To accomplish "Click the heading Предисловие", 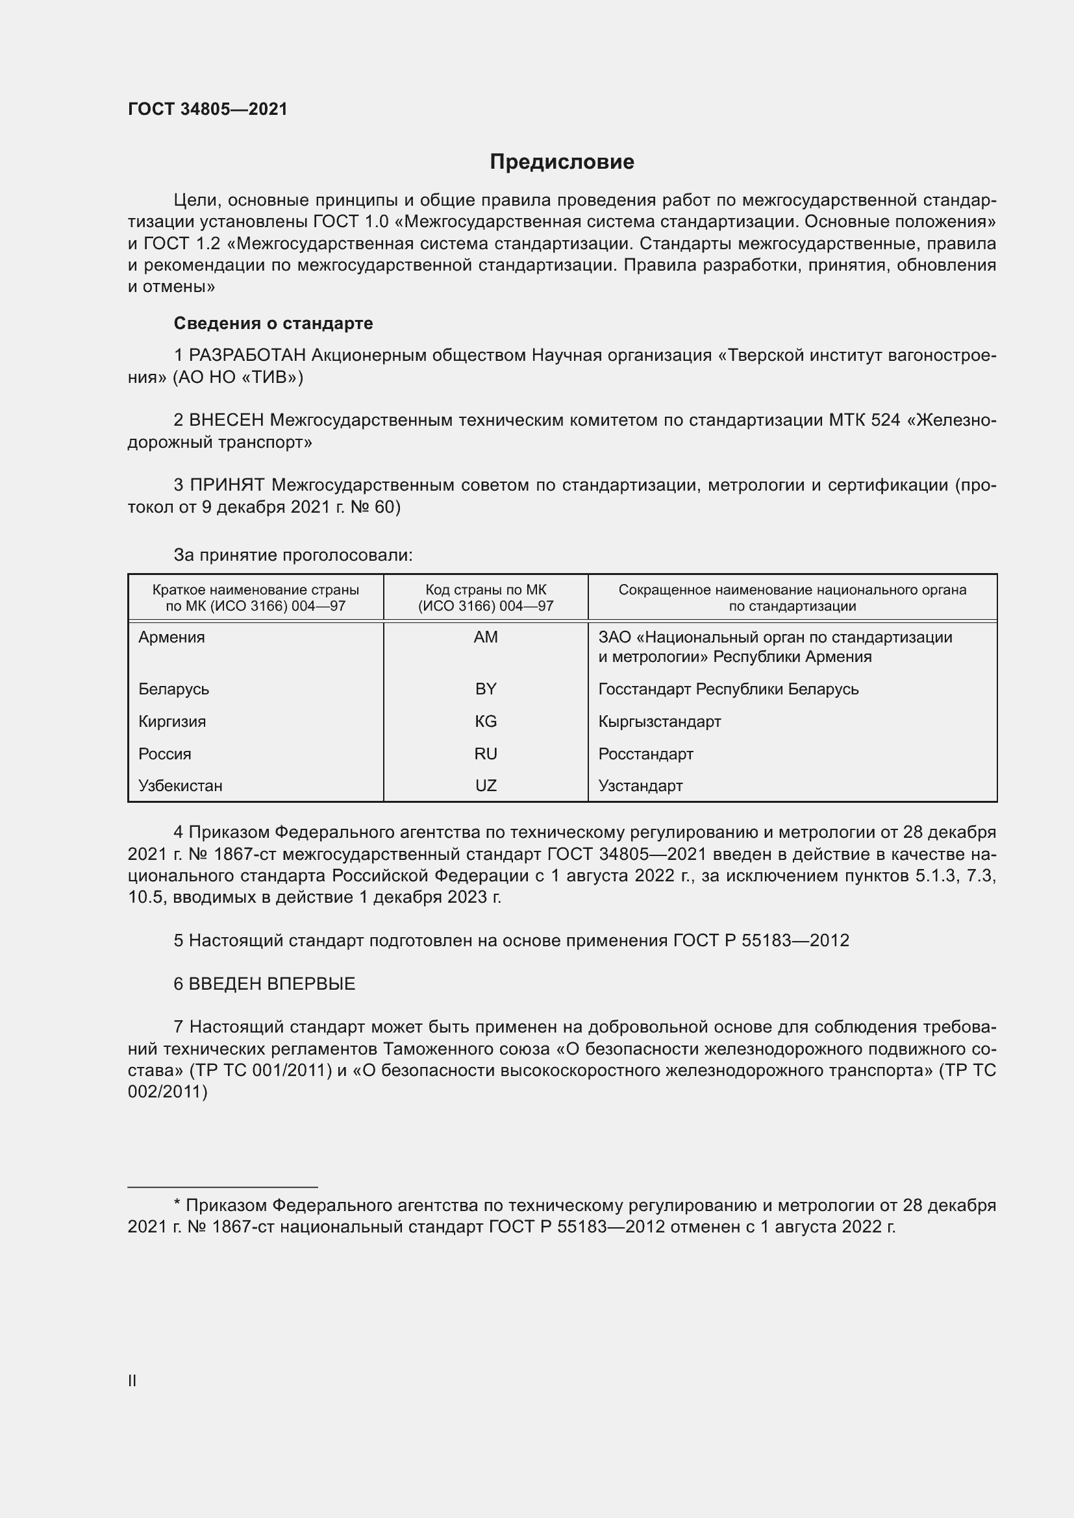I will [562, 162].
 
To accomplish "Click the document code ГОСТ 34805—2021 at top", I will [208, 109].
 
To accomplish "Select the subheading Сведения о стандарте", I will [273, 323].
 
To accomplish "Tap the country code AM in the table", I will [486, 637].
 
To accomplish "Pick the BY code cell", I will [486, 689].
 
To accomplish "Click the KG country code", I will [486, 721].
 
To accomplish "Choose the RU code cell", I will [486, 753].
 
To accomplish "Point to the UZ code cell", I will [486, 785].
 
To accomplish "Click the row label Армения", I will [172, 637].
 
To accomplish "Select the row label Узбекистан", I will [181, 785].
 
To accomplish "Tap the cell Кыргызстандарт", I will [659, 721].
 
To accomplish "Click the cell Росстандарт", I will [645, 753].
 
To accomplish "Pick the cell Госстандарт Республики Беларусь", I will [728, 689].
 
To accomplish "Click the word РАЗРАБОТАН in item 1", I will [247, 356].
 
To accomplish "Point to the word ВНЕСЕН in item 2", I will [227, 421].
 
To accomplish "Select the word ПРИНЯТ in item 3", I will [227, 485].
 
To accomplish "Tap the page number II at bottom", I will [132, 1380].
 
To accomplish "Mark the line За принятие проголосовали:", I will [293, 555].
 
